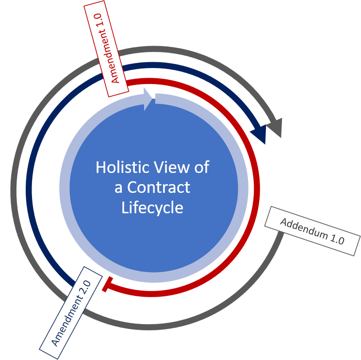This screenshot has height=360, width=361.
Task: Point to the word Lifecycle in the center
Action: [x=152, y=208]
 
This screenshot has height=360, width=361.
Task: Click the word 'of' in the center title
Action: [x=201, y=167]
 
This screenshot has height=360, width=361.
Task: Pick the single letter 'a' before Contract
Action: [x=118, y=188]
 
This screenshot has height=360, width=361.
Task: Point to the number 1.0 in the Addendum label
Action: [x=336, y=240]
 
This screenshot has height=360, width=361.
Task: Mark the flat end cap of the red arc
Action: [x=104, y=285]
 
